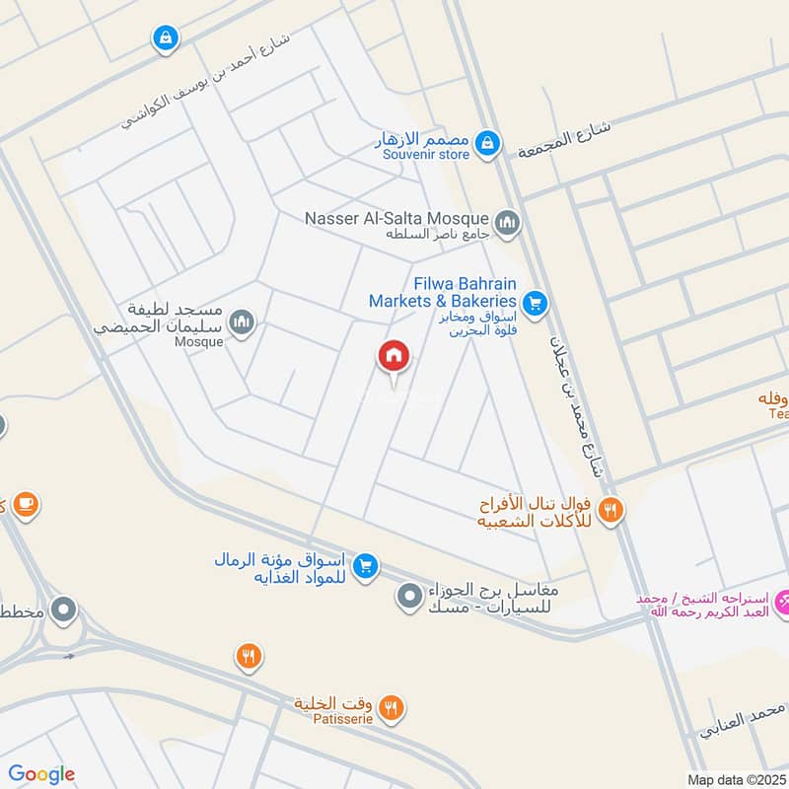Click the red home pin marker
point(394,357)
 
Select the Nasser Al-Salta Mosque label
point(396,218)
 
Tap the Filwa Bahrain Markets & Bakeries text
point(443,291)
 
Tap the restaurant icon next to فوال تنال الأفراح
point(611,510)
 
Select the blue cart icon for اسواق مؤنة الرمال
point(366,565)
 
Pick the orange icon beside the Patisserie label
point(392,706)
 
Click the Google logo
point(41,774)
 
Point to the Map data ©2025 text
point(735,779)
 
